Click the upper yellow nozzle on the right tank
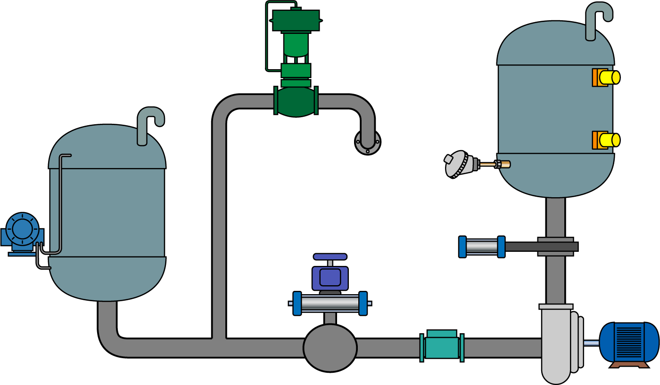609,77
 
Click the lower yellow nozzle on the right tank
609,140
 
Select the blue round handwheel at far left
22,229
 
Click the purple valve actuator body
330,277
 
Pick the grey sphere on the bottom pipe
330,348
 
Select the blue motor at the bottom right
629,341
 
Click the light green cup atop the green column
296,45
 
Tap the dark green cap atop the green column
296,20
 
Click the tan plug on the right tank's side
504,164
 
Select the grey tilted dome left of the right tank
456,164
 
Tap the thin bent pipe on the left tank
60,202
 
